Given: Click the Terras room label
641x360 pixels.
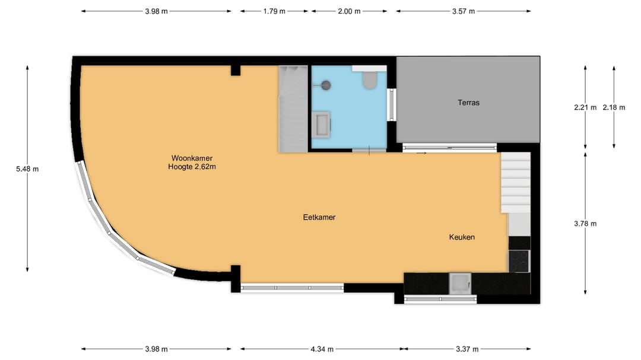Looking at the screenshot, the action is tap(468, 103).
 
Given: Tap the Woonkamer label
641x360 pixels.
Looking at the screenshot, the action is tap(192, 158).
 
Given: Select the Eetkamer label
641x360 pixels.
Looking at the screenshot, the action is tap(319, 218).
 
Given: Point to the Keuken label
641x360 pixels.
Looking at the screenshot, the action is tap(462, 237).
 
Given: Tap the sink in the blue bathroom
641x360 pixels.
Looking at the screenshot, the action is tap(321, 124).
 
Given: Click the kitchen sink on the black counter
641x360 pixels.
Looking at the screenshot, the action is tap(460, 283).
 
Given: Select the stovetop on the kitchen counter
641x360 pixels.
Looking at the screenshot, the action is tap(519, 261).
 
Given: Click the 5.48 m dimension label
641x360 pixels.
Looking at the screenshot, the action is tap(27, 169).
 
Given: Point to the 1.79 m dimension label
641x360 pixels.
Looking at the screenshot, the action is tap(274, 11).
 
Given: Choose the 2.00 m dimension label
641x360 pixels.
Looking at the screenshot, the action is tap(349, 11).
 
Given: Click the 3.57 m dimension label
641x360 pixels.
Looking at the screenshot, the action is tap(463, 11).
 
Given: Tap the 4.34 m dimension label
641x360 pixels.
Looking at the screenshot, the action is tap(322, 349).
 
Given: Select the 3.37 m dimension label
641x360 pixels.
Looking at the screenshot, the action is tap(467, 349).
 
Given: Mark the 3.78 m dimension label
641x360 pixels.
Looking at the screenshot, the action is tap(585, 224).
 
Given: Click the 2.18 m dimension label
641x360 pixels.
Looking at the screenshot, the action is tap(614, 107).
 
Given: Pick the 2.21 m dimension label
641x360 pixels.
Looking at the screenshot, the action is tap(585, 107).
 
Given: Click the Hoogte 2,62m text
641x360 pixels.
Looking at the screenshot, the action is tap(192, 167).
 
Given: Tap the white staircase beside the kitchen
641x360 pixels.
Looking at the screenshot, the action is tap(516, 182).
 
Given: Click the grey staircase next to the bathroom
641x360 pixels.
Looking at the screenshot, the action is tap(293, 109).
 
